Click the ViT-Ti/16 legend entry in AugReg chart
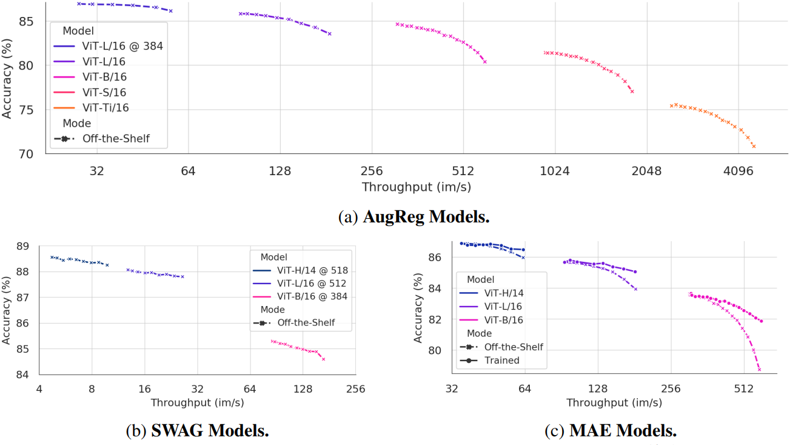106,108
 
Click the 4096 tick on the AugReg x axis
738,171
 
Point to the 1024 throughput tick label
554,171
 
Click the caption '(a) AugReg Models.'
414,216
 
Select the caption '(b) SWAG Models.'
197,431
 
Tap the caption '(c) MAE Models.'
611,431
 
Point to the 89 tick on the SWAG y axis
23,246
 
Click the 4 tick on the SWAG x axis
39,389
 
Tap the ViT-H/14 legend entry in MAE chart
503,293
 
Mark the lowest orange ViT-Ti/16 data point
754,146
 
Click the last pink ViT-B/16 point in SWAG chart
323,359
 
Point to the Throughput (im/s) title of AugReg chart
416,187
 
